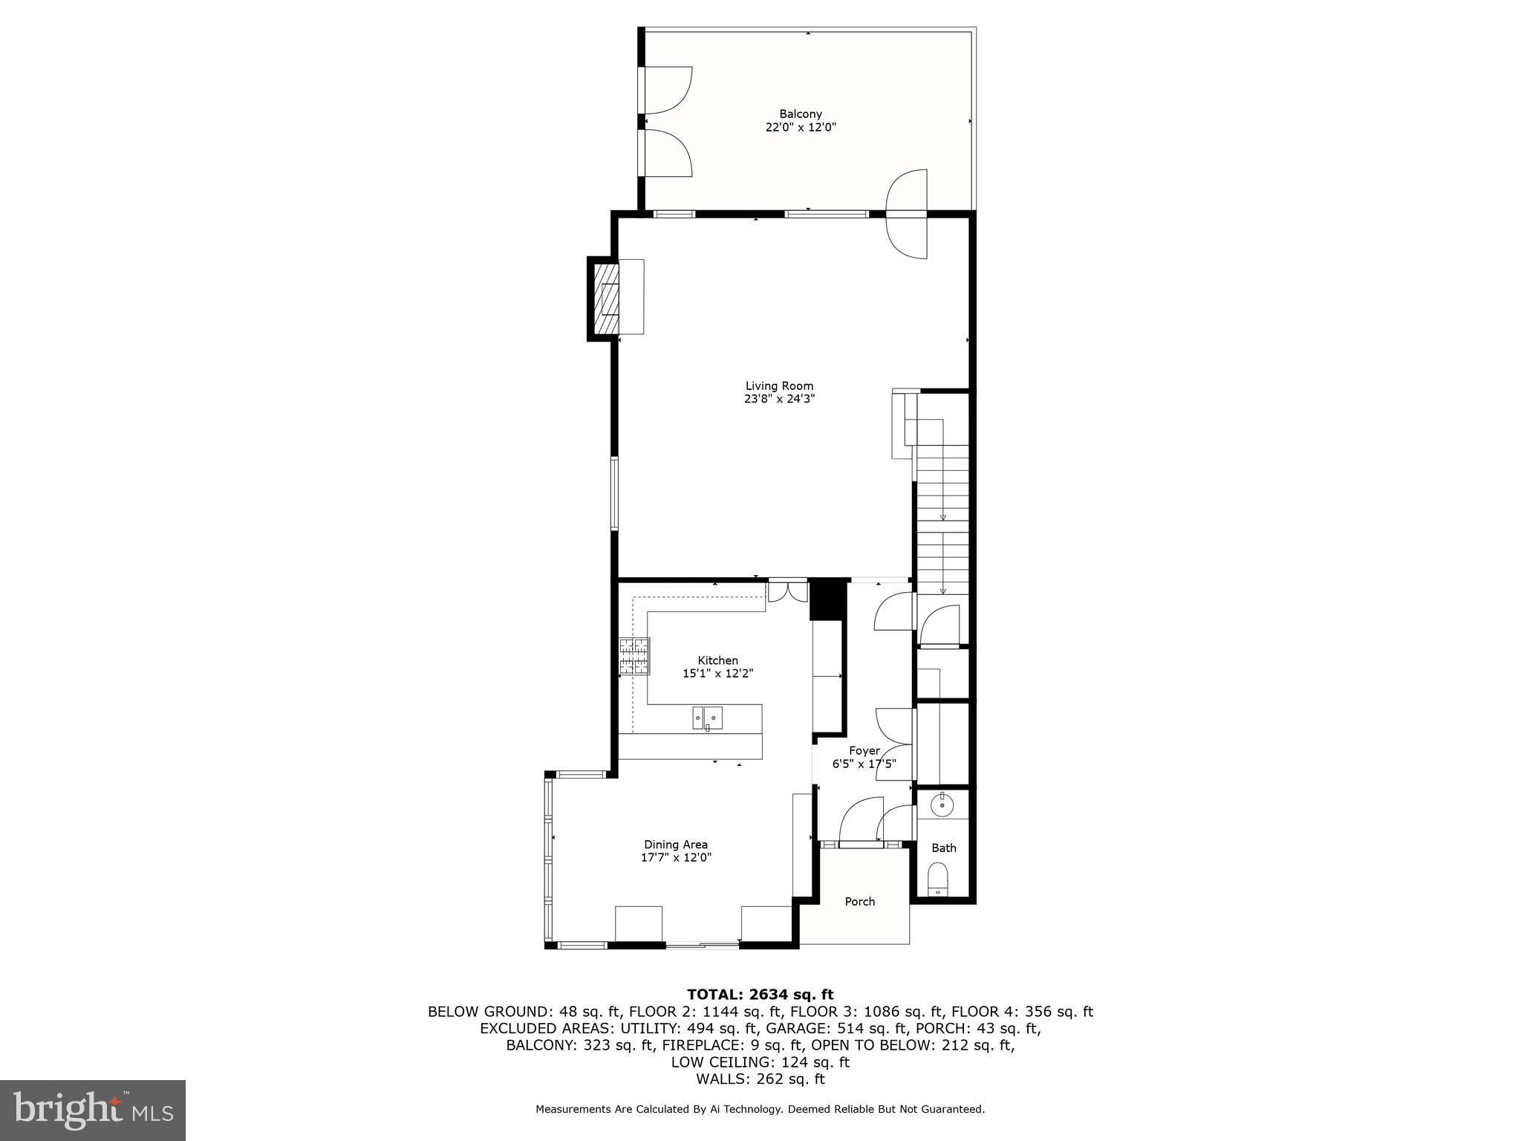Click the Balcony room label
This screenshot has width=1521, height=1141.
[800, 114]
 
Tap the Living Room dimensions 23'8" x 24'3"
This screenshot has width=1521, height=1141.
[779, 399]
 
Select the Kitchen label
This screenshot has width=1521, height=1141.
[717, 660]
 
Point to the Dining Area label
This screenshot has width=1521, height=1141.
[675, 845]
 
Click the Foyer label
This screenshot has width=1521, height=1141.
[864, 751]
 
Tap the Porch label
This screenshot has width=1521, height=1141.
[859, 902]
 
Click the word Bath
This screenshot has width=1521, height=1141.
[943, 848]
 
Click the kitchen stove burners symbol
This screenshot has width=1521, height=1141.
[634, 657]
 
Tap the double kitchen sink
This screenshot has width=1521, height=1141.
[707, 718]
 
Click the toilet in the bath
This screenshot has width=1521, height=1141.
[939, 880]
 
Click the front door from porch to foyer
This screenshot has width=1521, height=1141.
[860, 843]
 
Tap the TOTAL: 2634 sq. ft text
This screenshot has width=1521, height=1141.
[760, 995]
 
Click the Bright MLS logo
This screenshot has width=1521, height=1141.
[93, 1110]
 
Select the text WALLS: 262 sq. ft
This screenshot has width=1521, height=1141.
[760, 1079]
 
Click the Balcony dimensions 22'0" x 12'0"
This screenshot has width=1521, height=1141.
[800, 127]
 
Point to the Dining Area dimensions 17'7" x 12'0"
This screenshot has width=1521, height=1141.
[675, 857]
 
